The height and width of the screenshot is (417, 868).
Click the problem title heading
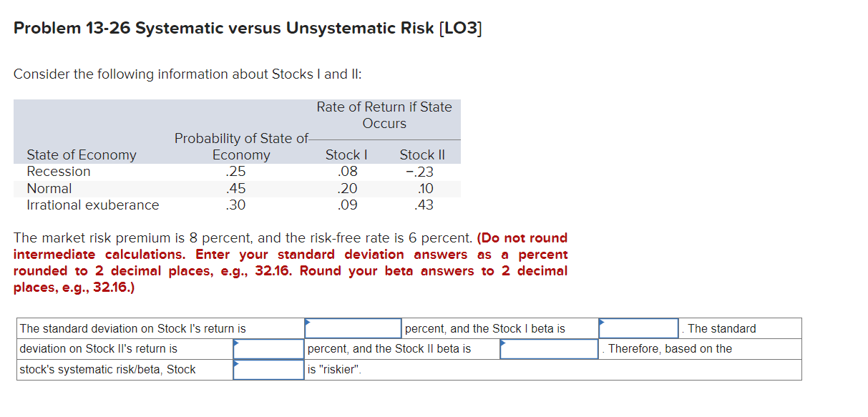pyautogui.click(x=248, y=28)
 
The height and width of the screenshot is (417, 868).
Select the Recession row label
pyautogui.click(x=59, y=172)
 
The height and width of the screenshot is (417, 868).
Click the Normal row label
pyautogui.click(x=49, y=189)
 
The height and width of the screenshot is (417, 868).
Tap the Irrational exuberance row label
pyautogui.click(x=93, y=205)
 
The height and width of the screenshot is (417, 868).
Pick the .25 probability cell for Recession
pyautogui.click(x=235, y=172)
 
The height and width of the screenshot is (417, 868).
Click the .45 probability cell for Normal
pyautogui.click(x=235, y=189)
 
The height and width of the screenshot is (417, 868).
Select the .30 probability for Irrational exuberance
pyautogui.click(x=235, y=205)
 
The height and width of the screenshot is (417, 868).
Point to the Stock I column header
pyautogui.click(x=346, y=154)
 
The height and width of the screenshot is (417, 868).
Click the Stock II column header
pyautogui.click(x=422, y=154)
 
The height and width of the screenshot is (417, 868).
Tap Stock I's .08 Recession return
pyautogui.click(x=348, y=172)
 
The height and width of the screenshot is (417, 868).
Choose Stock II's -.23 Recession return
pyautogui.click(x=419, y=172)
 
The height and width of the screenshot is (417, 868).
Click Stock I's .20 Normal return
pyautogui.click(x=348, y=189)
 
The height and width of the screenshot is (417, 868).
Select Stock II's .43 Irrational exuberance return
pyautogui.click(x=424, y=205)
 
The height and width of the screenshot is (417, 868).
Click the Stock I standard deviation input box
pyautogui.click(x=353, y=328)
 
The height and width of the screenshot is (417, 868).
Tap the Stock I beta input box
pyautogui.click(x=639, y=328)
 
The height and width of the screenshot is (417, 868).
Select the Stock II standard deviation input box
pyautogui.click(x=268, y=349)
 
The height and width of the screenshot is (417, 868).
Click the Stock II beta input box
pyautogui.click(x=549, y=349)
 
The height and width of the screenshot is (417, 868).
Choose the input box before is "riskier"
pyautogui.click(x=268, y=370)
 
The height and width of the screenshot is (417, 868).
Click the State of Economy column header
pyautogui.click(x=82, y=154)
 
